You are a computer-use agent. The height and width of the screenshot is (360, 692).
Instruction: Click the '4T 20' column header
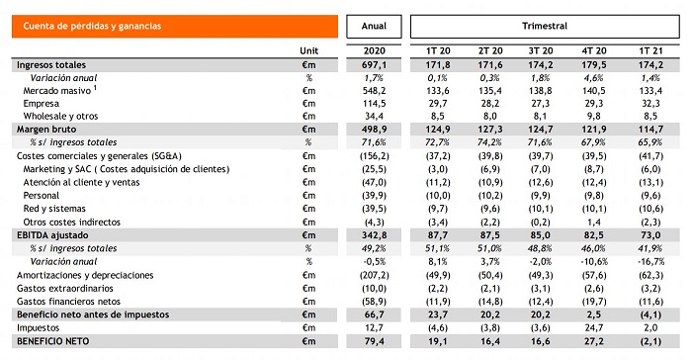coord(594,48)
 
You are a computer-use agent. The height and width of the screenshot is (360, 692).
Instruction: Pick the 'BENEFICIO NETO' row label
coord(48,342)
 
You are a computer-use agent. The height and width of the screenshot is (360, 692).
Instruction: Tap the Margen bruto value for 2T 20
coord(488,129)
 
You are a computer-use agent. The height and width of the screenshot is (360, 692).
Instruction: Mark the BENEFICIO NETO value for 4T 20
coord(594,342)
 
